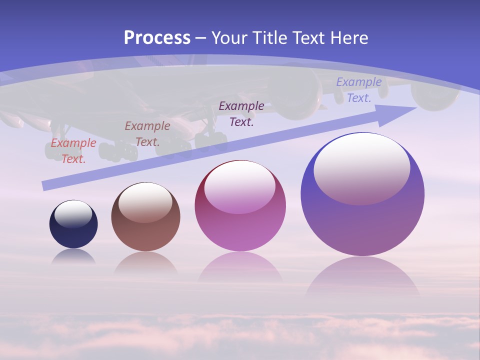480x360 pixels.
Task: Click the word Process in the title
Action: (x=157, y=38)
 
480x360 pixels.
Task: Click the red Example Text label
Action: (x=73, y=151)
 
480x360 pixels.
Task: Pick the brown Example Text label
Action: (x=147, y=134)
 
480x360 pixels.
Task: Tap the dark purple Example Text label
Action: (x=241, y=113)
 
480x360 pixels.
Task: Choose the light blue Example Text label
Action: (x=359, y=90)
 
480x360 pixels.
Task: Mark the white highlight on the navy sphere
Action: (x=73, y=214)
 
